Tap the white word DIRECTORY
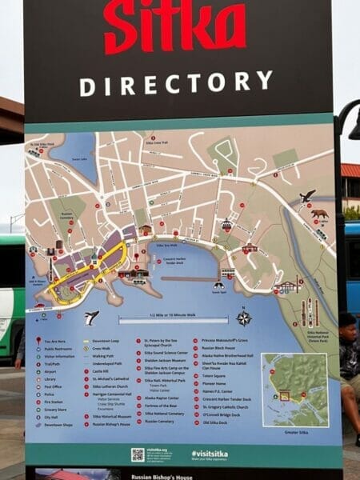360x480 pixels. tap(176, 83)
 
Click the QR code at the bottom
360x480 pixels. tap(138, 454)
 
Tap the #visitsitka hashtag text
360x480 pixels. tap(210, 454)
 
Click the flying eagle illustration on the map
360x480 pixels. tap(307, 195)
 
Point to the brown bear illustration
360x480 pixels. tap(319, 214)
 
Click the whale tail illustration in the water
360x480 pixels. tap(91, 317)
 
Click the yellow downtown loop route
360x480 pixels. tap(88, 272)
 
